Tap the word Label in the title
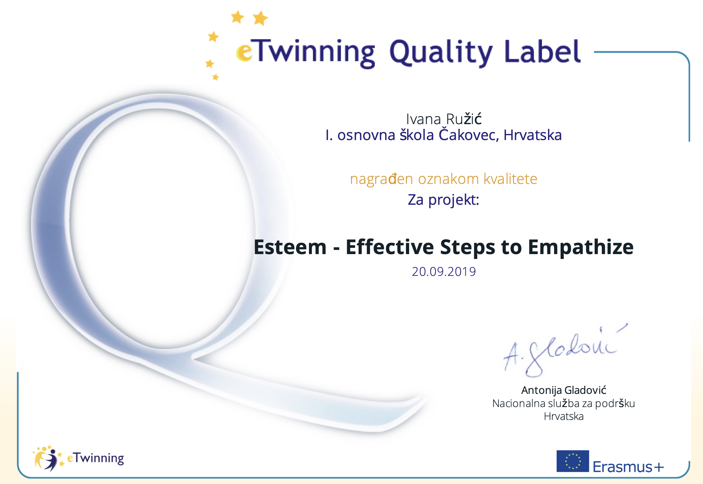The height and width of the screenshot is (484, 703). [x=543, y=51]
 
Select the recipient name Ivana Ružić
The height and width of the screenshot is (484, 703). [x=444, y=119]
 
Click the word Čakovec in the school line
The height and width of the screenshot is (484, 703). [x=469, y=135]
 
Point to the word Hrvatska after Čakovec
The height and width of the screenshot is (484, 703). [x=533, y=135]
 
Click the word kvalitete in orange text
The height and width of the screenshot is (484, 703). [x=510, y=179]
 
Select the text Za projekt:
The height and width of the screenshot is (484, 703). [x=443, y=200]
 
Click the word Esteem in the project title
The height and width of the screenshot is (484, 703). [x=290, y=247]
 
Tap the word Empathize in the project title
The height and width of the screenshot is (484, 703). [x=581, y=247]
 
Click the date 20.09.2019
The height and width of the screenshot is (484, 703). [x=444, y=272]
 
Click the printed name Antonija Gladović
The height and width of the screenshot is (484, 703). [x=564, y=390]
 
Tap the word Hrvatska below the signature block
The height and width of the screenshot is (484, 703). [x=564, y=417]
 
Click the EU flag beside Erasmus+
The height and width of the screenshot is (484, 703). [x=573, y=461]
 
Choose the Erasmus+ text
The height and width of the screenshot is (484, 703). [x=628, y=467]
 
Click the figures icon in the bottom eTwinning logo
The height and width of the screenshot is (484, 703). [x=48, y=458]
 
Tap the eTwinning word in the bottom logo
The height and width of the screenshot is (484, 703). [x=95, y=458]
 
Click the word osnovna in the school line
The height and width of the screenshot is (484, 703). [x=366, y=135]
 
